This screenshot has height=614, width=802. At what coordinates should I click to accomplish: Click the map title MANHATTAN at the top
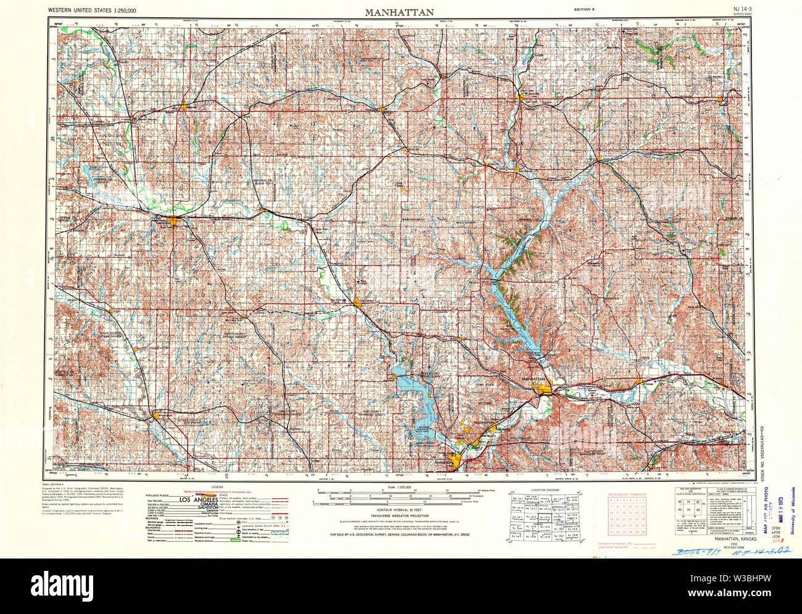(x=399, y=11)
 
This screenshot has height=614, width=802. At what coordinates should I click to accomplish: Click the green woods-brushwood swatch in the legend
(x=234, y=540)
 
